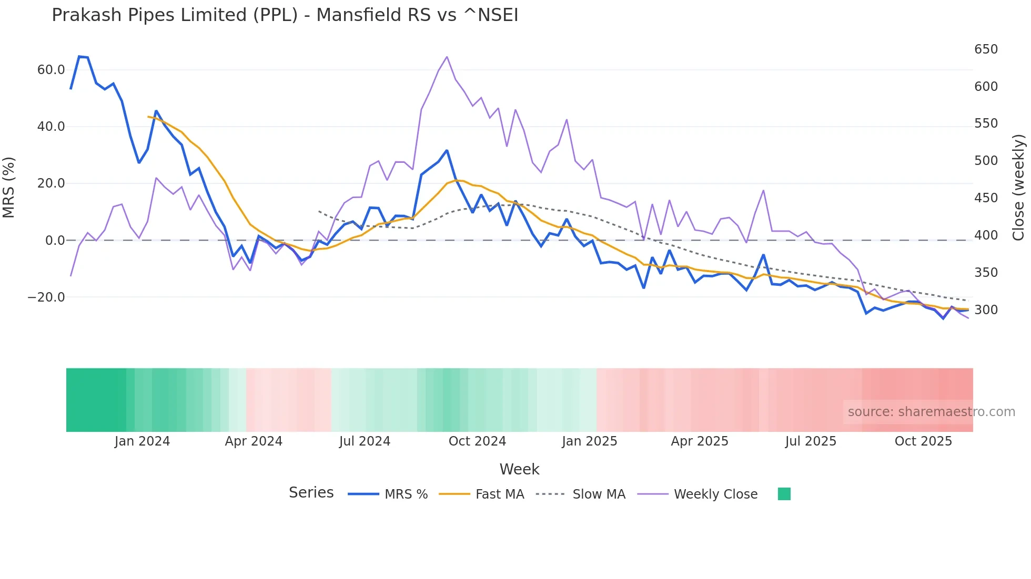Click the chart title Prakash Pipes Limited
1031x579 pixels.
point(285,15)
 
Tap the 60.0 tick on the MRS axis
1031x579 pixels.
point(51,70)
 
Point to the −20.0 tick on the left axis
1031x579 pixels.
point(46,297)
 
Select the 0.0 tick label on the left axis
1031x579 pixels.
point(55,241)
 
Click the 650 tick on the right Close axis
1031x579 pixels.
point(986,49)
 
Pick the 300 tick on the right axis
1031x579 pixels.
point(986,310)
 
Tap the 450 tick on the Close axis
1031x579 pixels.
point(986,198)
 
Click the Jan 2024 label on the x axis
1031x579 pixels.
point(142,441)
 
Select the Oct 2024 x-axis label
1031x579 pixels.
point(477,441)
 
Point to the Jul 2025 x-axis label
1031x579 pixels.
point(811,441)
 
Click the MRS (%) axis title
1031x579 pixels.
point(9,188)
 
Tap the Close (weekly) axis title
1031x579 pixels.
point(1018,188)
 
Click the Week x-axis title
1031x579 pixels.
point(519,469)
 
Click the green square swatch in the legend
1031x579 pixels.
point(784,494)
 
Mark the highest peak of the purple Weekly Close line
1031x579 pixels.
point(447,57)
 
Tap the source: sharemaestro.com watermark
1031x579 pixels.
point(931,412)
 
